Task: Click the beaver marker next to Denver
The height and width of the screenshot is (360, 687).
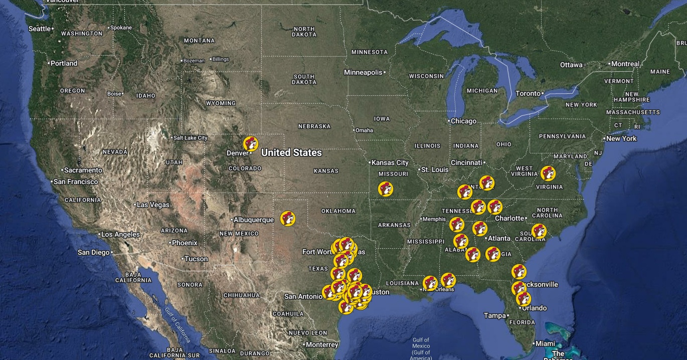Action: [251, 143]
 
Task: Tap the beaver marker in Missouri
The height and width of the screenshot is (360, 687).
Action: [386, 189]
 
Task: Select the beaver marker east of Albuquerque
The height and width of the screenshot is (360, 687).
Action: [288, 218]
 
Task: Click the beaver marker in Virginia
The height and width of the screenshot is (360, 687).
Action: [548, 173]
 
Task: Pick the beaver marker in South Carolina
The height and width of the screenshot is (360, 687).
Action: [539, 231]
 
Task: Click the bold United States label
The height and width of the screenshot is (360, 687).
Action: [291, 152]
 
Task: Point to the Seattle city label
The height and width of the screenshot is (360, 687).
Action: [40, 29]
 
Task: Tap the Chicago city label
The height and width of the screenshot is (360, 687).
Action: [463, 121]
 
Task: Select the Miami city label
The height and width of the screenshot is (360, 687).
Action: [545, 343]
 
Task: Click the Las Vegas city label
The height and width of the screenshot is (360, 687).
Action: [153, 205]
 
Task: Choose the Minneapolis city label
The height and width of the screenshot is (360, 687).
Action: [363, 72]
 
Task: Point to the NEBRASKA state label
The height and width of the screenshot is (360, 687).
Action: [314, 126]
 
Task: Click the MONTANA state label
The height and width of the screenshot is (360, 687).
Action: [199, 41]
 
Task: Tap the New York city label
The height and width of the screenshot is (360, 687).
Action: [621, 138]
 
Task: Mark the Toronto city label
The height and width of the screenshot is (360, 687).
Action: [528, 93]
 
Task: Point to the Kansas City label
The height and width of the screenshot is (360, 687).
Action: [390, 162]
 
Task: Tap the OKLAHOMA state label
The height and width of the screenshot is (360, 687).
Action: [338, 211]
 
